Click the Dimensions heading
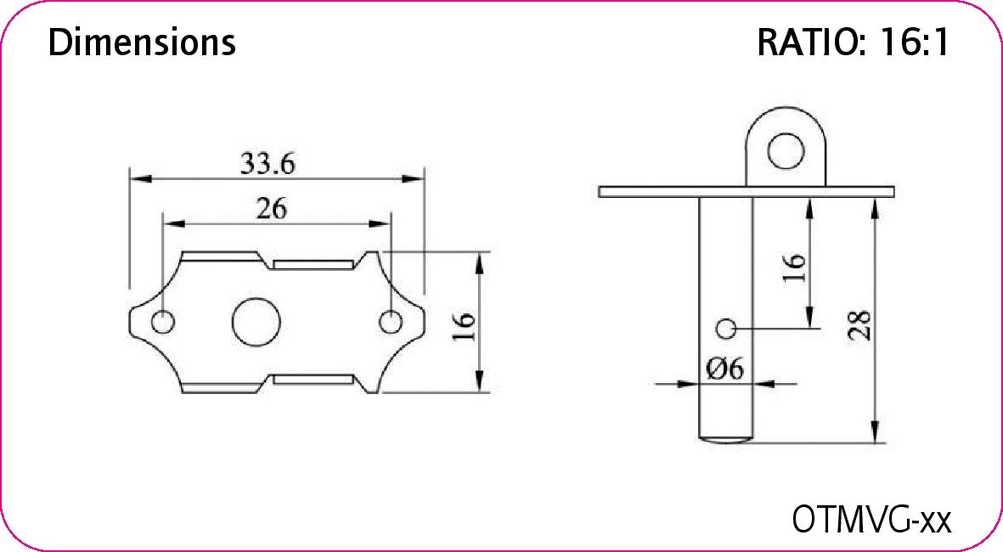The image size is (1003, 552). tap(142, 42)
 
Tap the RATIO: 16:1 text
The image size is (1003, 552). tap(854, 42)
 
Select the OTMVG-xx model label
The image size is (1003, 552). tap(872, 519)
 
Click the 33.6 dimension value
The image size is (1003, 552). tap(268, 164)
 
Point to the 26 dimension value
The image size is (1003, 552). tap(271, 209)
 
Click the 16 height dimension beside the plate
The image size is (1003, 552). tap(465, 326)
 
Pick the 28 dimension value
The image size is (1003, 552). tap(860, 324)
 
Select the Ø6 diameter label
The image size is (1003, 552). tap(724, 369)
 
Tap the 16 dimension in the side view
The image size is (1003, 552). tap(794, 268)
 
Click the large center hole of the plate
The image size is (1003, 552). tap(256, 322)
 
